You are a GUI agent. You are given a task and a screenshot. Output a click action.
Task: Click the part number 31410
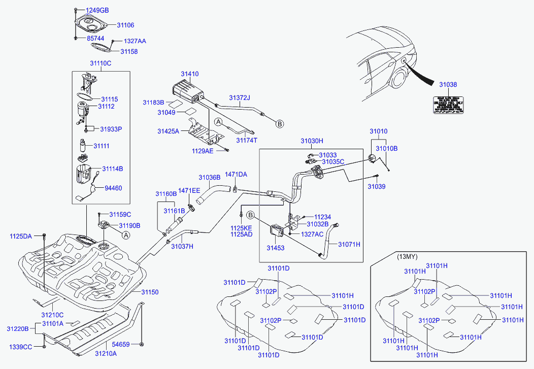[x=191, y=74]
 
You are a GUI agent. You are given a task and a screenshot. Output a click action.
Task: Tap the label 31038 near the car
[x=448, y=85]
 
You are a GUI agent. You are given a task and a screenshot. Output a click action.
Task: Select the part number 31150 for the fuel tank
[x=150, y=292]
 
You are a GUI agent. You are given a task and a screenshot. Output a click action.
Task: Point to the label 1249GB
[x=96, y=10]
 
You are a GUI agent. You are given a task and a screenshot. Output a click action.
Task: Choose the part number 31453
[x=276, y=248]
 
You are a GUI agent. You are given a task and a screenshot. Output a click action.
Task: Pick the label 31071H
[x=350, y=244]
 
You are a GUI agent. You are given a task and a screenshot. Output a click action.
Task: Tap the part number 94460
[x=113, y=188]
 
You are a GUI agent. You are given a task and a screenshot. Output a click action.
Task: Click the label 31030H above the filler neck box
[x=312, y=141]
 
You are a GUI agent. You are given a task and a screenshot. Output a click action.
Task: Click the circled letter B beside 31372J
[x=279, y=123]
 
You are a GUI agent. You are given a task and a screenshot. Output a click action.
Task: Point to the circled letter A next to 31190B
[x=125, y=234]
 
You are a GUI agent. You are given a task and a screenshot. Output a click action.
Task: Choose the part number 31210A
[x=106, y=353]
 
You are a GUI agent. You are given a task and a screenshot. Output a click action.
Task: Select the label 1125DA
[x=20, y=237]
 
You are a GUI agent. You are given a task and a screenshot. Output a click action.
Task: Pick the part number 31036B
[x=209, y=178]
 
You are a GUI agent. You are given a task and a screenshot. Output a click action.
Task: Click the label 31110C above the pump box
[x=101, y=63]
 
